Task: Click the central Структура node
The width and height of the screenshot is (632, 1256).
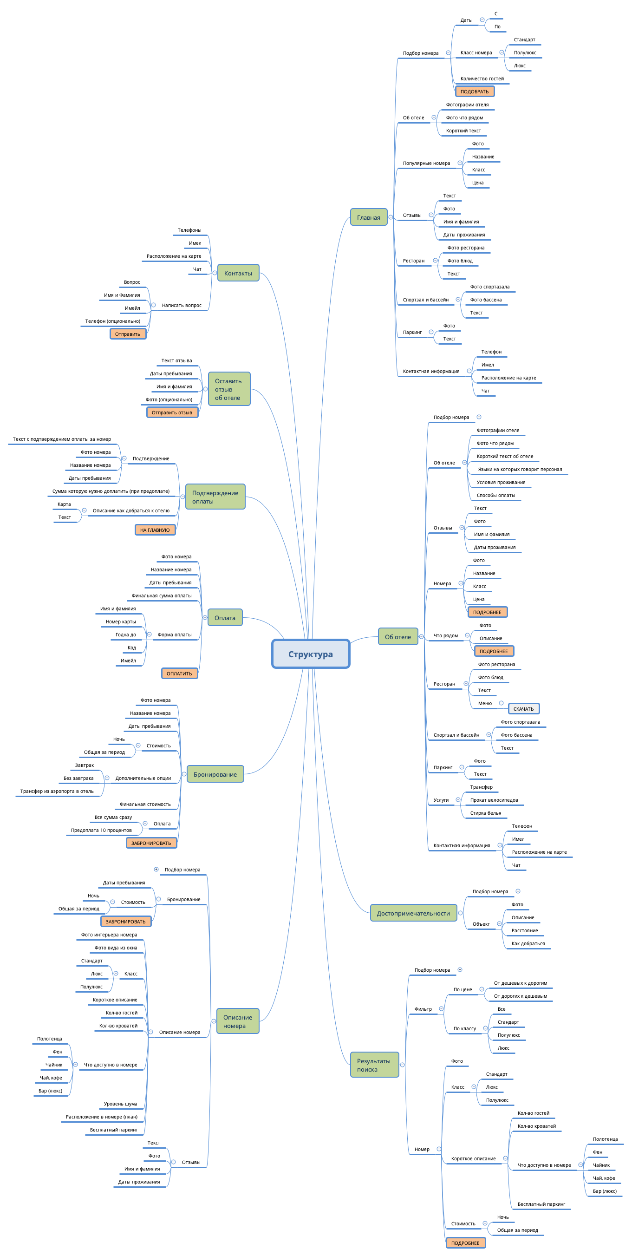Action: click(310, 654)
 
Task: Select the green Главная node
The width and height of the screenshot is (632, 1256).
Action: click(368, 217)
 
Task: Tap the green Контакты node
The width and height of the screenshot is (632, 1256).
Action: click(238, 273)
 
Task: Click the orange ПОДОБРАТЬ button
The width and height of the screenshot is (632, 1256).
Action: click(475, 92)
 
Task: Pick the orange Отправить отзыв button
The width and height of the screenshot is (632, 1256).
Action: click(172, 412)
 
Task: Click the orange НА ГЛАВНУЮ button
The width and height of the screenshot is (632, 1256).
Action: click(155, 530)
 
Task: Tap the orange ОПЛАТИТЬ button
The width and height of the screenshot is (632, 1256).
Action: click(179, 674)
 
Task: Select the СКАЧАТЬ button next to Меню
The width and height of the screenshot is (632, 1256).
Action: click(523, 709)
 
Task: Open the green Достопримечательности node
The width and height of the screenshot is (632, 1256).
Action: click(413, 913)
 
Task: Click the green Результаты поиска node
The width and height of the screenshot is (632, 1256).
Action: click(374, 1065)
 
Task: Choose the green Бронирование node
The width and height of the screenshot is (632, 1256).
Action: click(215, 774)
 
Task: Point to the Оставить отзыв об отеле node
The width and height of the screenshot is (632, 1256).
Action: click(228, 389)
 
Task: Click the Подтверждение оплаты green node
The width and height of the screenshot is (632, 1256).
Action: click(215, 497)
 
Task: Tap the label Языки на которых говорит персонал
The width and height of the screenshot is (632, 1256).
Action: click(520, 470)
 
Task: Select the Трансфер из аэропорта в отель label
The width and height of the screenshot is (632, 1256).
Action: click(57, 792)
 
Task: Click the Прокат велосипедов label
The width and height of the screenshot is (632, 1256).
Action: click(494, 800)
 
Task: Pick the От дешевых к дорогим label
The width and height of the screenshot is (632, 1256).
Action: click(520, 983)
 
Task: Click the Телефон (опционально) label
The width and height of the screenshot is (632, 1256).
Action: click(112, 321)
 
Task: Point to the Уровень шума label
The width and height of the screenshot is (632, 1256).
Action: click(120, 1104)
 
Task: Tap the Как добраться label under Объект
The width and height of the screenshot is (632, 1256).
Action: click(528, 943)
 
